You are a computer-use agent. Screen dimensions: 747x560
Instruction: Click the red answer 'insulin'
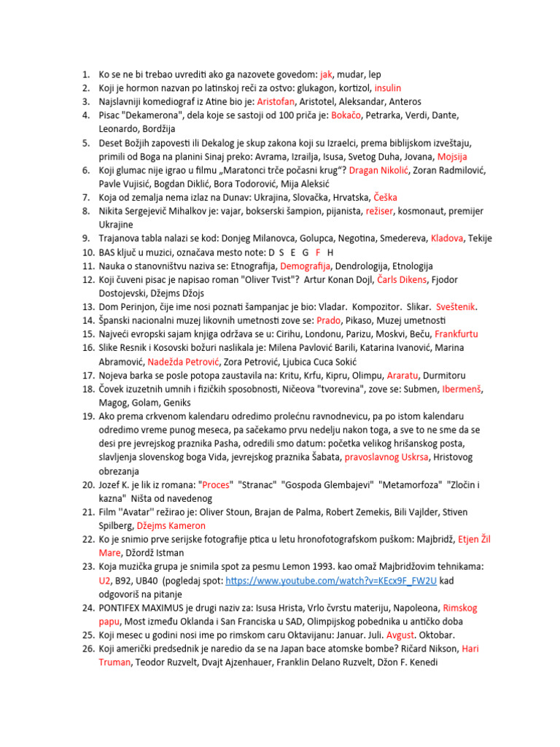(x=387, y=88)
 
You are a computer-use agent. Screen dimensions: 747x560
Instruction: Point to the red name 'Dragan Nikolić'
(x=378, y=170)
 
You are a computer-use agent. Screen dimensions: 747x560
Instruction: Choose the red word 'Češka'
(x=386, y=198)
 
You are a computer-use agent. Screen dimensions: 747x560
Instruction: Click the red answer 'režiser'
(x=398, y=211)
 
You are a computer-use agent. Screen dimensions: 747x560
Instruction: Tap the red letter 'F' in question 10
(x=318, y=252)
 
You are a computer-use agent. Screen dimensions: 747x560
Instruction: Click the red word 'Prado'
(x=309, y=320)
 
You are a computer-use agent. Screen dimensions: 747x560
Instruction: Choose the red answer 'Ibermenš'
(x=462, y=389)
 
